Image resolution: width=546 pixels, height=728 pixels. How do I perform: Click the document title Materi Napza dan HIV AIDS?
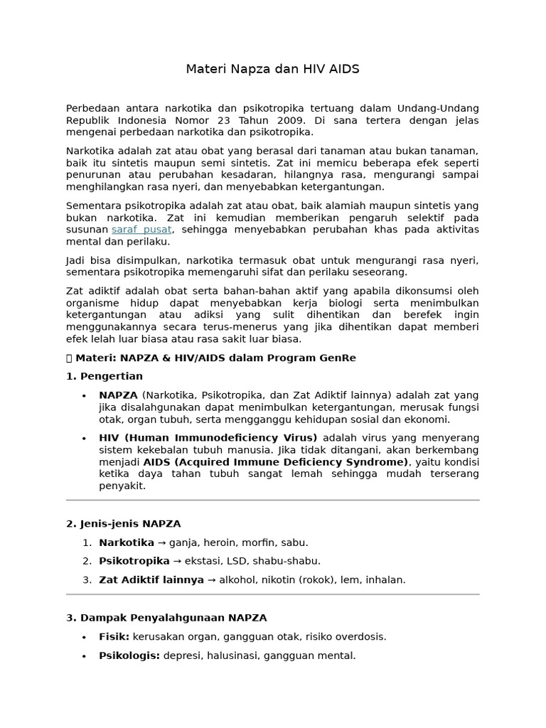272,69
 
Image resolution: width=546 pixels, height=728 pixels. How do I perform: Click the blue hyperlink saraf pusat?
141,230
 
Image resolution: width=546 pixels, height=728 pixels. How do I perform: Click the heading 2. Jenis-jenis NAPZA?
124,524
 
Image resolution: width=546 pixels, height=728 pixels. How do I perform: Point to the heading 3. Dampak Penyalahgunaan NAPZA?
166,618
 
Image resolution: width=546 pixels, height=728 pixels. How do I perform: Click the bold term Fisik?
114,637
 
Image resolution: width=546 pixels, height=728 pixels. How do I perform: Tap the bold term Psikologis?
129,655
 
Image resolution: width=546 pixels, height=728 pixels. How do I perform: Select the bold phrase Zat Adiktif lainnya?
151,580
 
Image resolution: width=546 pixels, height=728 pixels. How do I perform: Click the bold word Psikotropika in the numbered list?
134,561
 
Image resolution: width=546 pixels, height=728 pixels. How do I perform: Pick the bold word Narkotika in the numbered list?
126,542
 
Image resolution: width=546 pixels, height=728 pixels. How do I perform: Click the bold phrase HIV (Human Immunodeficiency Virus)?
208,438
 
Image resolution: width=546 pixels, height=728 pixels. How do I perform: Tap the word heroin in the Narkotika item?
223,542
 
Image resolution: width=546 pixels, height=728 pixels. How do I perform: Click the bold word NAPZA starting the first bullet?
118,395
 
